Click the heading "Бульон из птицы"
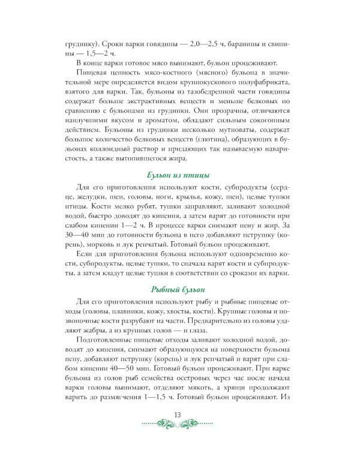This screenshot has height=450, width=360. pos(178,175)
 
